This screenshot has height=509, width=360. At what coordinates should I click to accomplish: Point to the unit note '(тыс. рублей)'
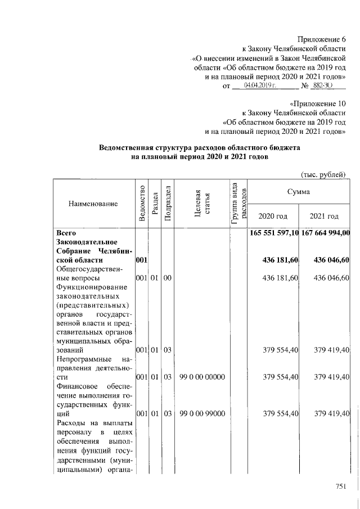(323, 174)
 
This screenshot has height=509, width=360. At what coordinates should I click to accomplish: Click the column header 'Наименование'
(93, 203)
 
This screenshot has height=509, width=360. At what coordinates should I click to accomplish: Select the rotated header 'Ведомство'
(141, 203)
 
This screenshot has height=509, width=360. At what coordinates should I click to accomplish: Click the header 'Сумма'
(299, 192)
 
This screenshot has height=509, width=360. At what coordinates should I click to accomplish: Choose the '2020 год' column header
(273, 216)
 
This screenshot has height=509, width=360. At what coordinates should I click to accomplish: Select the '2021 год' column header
(325, 216)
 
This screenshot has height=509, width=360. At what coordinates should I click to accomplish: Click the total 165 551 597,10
(273, 232)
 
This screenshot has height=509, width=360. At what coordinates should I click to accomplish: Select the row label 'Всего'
(67, 232)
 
